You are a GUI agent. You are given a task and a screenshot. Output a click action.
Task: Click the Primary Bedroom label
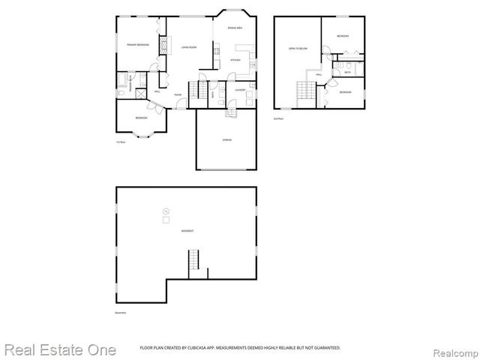coord(137,45)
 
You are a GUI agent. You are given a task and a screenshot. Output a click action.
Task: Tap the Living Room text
coord(188,47)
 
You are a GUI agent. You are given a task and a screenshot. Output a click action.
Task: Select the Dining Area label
coord(235,28)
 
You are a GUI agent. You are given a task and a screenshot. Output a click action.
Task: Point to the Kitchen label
coord(235,59)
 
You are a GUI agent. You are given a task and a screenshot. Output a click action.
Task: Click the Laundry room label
coord(240,90)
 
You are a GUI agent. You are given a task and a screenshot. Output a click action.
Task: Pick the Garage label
coord(226,140)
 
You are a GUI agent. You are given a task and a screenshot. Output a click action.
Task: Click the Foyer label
coord(178,94)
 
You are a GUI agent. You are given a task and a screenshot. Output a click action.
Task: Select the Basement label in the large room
coord(187,231)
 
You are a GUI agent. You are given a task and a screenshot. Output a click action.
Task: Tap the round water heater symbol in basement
coord(166,210)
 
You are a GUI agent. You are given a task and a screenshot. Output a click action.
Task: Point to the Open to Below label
coord(298,49)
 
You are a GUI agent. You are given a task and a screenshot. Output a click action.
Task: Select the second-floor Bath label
coord(347,72)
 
